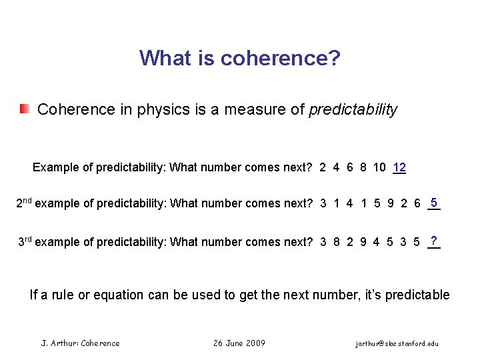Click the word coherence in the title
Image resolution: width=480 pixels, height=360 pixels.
(x=280, y=59)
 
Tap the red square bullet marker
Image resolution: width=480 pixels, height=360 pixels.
(x=25, y=109)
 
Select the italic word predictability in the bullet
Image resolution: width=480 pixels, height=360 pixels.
(x=353, y=110)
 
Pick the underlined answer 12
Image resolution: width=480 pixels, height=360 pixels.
(x=399, y=167)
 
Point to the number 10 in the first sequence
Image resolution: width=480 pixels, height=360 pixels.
(x=379, y=167)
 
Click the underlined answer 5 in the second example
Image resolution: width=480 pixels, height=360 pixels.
(x=434, y=202)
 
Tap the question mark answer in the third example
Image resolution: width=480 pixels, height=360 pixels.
(x=434, y=240)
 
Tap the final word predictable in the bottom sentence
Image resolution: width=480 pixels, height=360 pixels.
(x=420, y=295)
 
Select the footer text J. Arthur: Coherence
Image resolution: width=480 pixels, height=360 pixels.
(x=81, y=343)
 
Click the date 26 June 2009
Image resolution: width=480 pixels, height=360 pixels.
(x=239, y=343)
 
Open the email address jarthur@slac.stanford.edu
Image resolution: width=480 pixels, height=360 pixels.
(x=397, y=343)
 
